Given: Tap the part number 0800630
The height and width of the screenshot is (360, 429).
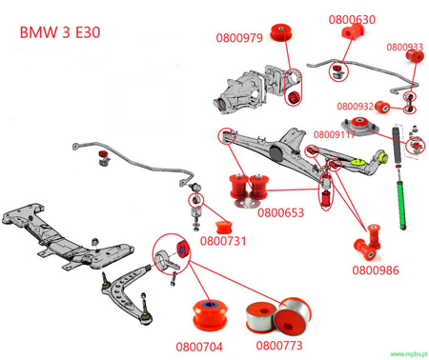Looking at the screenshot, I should coord(352,19).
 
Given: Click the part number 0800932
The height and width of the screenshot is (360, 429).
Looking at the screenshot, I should coord(355,106).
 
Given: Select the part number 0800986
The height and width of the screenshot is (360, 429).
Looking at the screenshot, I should coord(376,270).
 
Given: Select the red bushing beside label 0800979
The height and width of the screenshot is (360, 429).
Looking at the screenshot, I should coord(284,30).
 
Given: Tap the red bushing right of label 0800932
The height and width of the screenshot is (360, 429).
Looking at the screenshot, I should coord(385,104).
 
